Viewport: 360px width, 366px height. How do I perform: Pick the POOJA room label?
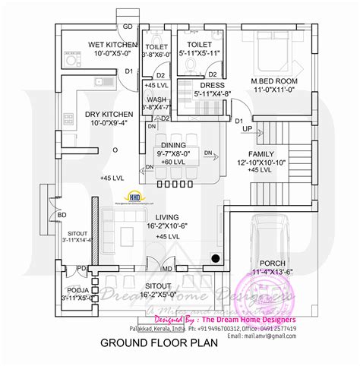[x=77, y=290]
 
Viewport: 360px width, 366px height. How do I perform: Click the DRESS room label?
[x=211, y=86]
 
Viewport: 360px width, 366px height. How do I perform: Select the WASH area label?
[x=158, y=99]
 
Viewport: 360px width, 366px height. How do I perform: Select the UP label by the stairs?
[x=248, y=129]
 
